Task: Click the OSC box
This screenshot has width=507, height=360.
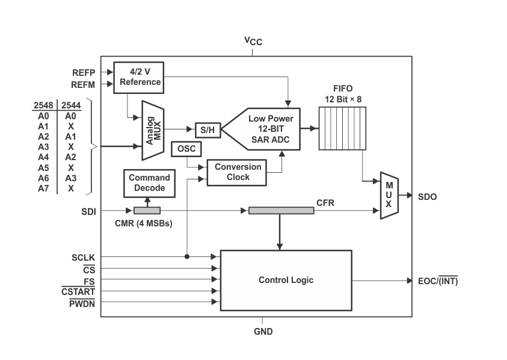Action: click(x=186, y=148)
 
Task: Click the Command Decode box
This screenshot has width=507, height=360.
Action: click(x=149, y=183)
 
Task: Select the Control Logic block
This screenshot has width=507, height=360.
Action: click(x=286, y=280)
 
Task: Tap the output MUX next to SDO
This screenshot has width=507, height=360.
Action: click(x=389, y=196)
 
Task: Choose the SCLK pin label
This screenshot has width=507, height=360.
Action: click(x=82, y=257)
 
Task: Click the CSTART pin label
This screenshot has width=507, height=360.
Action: click(x=78, y=292)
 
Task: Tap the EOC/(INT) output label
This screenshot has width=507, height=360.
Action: click(x=442, y=281)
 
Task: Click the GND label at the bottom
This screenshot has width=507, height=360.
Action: click(x=263, y=331)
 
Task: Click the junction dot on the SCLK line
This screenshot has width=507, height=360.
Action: click(x=186, y=257)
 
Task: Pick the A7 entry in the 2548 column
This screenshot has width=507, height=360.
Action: click(x=43, y=188)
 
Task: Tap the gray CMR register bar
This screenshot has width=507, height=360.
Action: click(x=147, y=211)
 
